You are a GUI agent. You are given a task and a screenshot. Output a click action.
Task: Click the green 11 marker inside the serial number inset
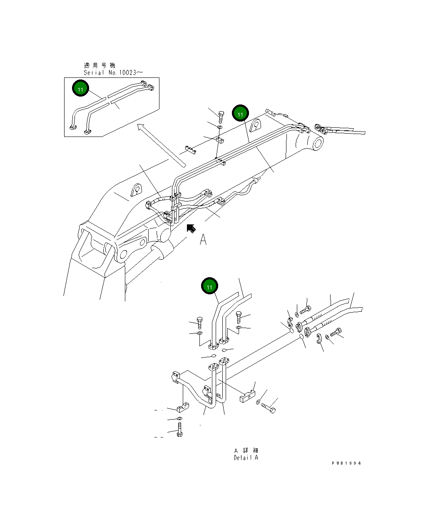click(x=81, y=89)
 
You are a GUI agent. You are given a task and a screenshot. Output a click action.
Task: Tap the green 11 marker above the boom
click(x=240, y=113)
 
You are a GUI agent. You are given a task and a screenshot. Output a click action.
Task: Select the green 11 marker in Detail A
click(x=209, y=286)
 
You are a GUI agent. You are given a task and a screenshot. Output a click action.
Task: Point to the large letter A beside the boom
click(x=203, y=240)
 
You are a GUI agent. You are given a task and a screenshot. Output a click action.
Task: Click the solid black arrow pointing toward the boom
click(x=191, y=228)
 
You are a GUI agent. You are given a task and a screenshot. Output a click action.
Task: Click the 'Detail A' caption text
click(x=246, y=457)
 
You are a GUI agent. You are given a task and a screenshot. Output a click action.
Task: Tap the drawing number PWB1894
click(x=346, y=463)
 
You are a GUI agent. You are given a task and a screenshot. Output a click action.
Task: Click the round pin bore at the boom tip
click(x=317, y=144)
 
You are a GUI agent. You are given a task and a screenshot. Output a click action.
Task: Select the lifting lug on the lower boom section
click(x=136, y=190)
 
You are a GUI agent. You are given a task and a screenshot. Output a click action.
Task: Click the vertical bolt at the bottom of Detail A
click(x=179, y=429)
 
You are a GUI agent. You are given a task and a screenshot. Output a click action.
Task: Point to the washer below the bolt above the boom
click(x=220, y=126)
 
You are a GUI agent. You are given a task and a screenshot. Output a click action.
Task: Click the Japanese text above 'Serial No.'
click(x=100, y=65)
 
